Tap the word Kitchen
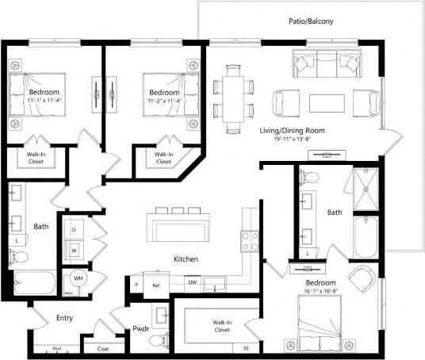click(x=186, y=259)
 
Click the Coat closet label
click(x=102, y=347)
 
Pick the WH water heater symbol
click(x=78, y=278)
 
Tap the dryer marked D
click(x=75, y=229)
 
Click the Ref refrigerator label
click(x=156, y=283)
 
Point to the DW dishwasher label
click(x=192, y=282)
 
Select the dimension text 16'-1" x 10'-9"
click(x=322, y=293)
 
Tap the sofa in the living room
click(x=326, y=63)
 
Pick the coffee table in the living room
click(x=326, y=103)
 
